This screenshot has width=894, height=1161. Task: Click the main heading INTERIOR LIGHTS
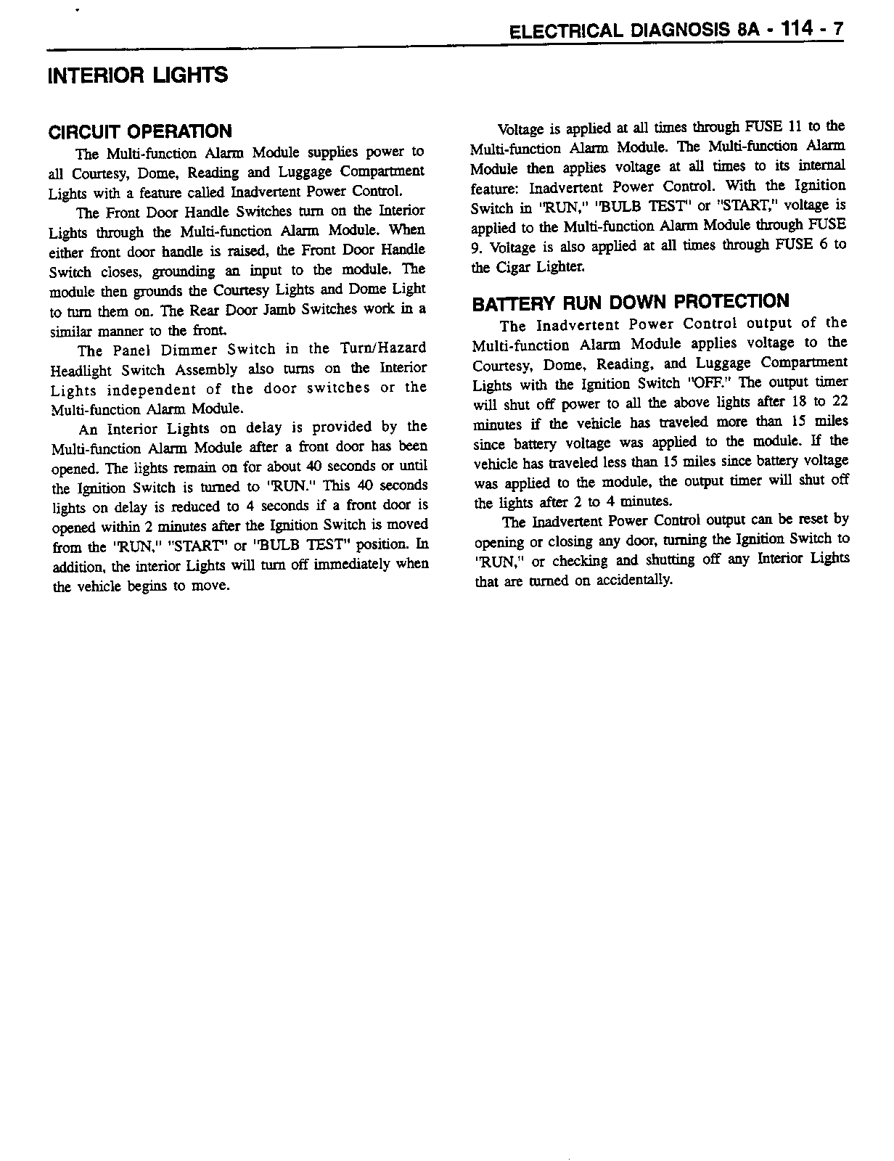tap(137, 75)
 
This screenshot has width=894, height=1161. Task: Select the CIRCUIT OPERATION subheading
tap(140, 131)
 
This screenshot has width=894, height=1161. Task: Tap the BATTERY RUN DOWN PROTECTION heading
tap(631, 302)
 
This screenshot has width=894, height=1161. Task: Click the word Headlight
tap(77, 369)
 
